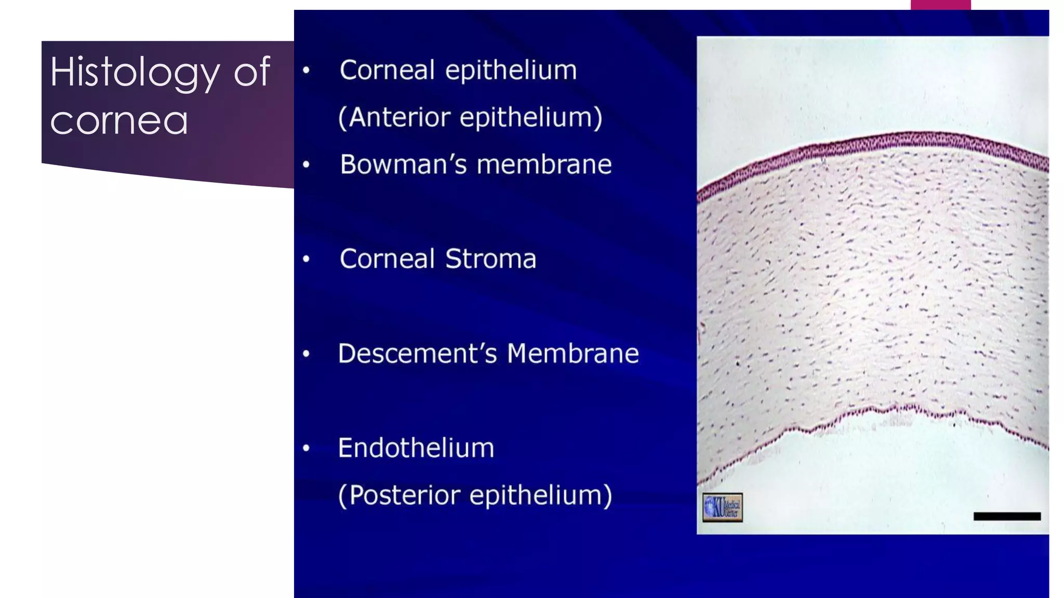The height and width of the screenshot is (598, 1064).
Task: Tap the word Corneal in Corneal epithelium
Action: (x=387, y=70)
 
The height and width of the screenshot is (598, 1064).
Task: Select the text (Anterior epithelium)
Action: (x=470, y=117)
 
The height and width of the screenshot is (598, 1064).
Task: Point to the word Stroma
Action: (x=490, y=259)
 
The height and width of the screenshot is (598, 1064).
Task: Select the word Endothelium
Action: (x=416, y=448)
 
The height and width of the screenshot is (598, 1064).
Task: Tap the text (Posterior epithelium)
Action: (x=475, y=495)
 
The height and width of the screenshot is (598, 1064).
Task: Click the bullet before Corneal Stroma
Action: (x=307, y=259)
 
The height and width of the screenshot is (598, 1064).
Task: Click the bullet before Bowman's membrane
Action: (x=307, y=165)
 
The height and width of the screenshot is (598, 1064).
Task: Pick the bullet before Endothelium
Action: (x=307, y=448)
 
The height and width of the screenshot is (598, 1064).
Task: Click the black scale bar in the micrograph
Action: (x=1007, y=516)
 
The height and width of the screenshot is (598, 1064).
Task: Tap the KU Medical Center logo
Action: (x=722, y=507)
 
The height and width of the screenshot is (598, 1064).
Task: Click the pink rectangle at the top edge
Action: (x=940, y=5)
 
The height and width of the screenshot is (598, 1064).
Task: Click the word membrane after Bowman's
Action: (x=544, y=165)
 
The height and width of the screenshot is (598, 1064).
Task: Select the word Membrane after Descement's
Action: (x=573, y=354)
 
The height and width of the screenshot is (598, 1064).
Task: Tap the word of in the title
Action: (x=252, y=72)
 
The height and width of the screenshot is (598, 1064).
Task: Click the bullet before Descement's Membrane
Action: (x=307, y=354)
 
